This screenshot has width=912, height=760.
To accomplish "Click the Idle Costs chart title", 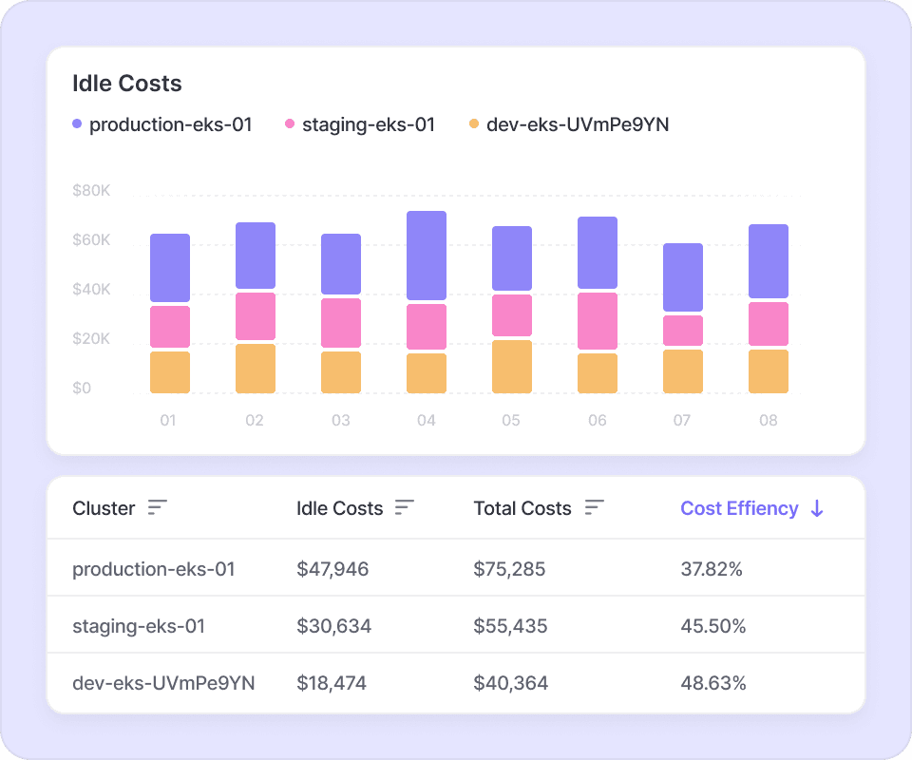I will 127,84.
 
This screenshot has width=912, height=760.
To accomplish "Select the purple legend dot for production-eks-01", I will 77,124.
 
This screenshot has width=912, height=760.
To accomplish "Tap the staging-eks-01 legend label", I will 368,124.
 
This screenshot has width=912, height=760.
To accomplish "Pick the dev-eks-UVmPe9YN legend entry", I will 577,124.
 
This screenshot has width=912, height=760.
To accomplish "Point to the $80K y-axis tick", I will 91,191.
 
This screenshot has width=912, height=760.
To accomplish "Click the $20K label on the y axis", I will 91,339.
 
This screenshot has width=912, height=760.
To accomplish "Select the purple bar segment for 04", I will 427,256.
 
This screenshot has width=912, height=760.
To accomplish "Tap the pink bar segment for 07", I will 683,331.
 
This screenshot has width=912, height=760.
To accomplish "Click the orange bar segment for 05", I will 512,367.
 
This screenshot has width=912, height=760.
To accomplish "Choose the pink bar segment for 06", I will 598,321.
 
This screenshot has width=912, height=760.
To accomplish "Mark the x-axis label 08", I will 769,420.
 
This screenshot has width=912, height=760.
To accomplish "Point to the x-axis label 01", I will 168,420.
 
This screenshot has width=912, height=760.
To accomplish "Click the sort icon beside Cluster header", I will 158,508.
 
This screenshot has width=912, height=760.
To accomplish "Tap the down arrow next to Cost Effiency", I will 817,508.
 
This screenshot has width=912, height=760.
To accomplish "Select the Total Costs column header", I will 522,508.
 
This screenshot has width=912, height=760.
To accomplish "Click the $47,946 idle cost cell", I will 332,569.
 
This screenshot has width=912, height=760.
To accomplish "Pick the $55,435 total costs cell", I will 510,626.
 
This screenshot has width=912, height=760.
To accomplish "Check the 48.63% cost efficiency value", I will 712,683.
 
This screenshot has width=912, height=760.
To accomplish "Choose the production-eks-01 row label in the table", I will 154,569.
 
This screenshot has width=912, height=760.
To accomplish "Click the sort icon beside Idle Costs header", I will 405,508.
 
